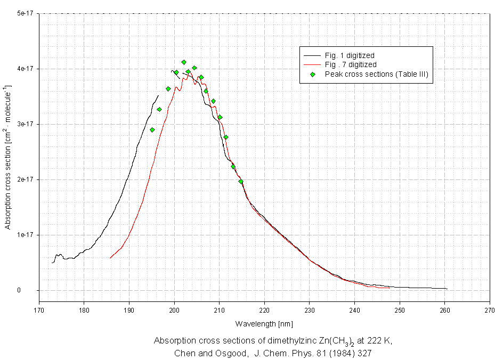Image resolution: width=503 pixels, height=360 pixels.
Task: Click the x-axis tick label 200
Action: click(174, 308)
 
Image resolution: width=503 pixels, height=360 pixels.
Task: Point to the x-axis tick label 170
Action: click(39, 308)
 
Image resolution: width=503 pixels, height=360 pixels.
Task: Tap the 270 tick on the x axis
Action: click(490, 308)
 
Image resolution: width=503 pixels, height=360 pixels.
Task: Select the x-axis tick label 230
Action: click(310, 308)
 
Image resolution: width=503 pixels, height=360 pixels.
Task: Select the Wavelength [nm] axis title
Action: click(264, 323)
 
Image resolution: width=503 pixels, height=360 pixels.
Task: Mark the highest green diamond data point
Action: click(184, 62)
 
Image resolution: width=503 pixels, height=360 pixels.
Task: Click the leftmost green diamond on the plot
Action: click(152, 130)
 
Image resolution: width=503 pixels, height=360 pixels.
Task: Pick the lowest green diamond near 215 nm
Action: click(241, 182)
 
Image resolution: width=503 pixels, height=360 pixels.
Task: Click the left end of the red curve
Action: click(110, 258)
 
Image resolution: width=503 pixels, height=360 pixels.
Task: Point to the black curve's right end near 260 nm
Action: click(447, 289)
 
